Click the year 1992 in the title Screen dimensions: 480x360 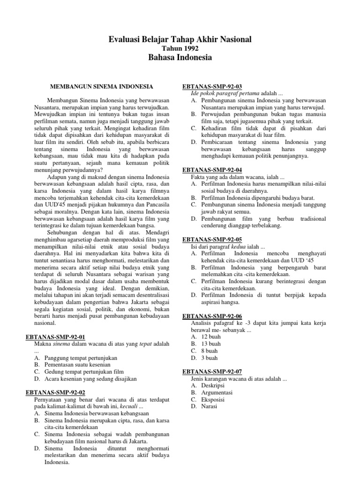[190, 49]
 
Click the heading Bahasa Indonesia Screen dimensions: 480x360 [180, 58]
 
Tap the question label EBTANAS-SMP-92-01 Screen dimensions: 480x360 [54, 337]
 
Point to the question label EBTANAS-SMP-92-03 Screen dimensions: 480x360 [212, 87]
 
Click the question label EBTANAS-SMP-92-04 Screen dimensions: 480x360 [212, 170]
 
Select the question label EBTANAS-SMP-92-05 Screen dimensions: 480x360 [212, 240]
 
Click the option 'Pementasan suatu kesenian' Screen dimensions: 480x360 [77, 364]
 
